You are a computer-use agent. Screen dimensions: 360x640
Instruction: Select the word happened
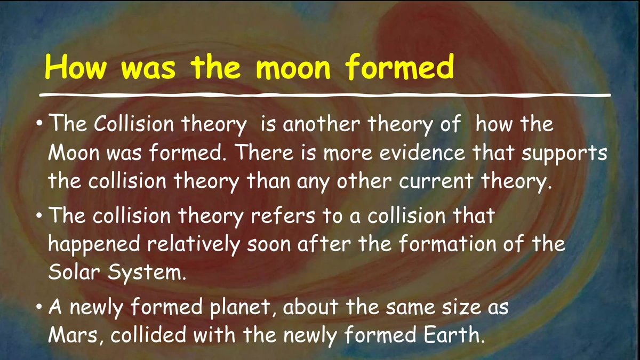tap(94, 245)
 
